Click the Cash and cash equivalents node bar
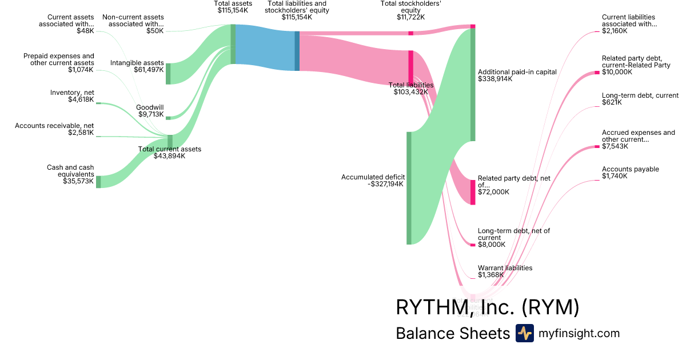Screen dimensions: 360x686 pos(98,182)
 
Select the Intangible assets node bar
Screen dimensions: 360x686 pos(168,74)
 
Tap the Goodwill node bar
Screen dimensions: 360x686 pos(168,118)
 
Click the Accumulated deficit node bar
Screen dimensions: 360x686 pos(409,188)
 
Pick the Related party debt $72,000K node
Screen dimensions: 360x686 pos(473,192)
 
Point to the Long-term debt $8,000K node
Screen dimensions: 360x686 pos(473,245)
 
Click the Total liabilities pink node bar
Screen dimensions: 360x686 pos(410,68)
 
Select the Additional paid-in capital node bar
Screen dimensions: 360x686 pos(473,84)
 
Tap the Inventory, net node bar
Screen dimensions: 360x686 pos(98,103)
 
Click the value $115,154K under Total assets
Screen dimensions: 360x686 pos(233,10)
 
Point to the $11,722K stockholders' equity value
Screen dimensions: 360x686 pos(410,17)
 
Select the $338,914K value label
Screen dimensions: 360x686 pos(495,79)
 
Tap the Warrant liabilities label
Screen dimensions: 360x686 pos(505,267)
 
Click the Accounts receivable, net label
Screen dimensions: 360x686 pos(54,126)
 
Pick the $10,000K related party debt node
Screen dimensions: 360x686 pos(597,73)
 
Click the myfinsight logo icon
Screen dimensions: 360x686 pos(524,333)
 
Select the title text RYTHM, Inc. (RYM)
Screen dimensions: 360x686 pos(487,307)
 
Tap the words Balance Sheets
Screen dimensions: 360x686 pos(452,334)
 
